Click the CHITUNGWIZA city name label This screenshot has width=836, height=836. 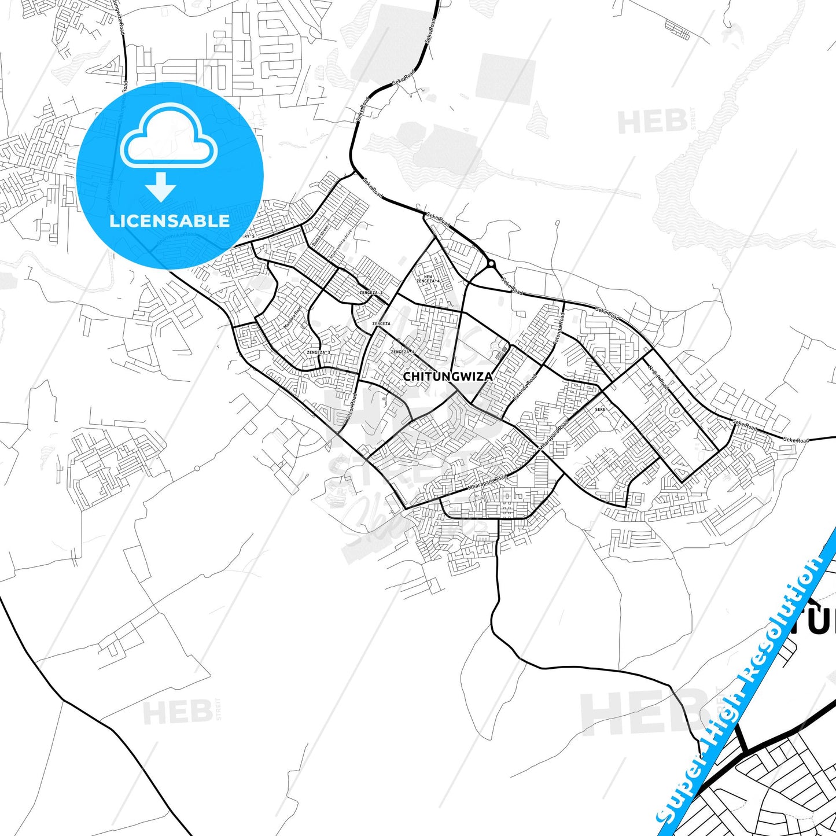(447, 377)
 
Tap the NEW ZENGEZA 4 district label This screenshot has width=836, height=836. (432, 279)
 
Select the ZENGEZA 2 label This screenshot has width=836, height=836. (370, 293)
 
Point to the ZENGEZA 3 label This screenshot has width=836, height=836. (319, 352)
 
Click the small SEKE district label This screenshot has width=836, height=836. (600, 409)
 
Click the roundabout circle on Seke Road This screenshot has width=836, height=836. (491, 264)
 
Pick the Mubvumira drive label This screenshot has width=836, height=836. (340, 243)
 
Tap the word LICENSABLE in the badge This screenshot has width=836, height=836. (170, 220)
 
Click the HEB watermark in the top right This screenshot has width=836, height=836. (653, 122)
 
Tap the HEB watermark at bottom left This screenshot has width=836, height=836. (178, 712)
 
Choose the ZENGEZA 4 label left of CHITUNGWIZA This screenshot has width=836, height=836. (403, 352)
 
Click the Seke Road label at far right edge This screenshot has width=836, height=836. (796, 440)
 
